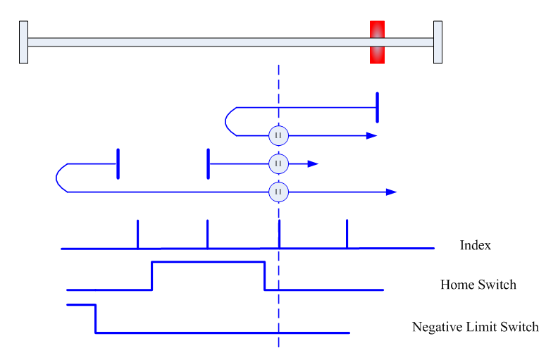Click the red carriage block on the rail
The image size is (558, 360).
(377, 42)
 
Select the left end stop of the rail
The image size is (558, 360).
(23, 42)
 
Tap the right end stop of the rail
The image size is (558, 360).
(438, 42)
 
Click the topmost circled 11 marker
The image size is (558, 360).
(278, 135)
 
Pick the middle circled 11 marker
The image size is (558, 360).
(278, 164)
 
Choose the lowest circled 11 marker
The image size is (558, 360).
(278, 192)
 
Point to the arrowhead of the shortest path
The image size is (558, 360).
(313, 164)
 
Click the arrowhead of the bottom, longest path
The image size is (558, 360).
(392, 192)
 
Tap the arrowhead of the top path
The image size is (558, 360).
(372, 135)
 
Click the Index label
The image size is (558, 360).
(475, 245)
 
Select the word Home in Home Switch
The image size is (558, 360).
(457, 285)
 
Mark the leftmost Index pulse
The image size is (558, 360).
(137, 234)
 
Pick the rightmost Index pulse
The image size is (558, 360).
(347, 234)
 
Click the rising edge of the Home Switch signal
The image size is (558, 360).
(152, 276)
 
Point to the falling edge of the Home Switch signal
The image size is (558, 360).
(264, 276)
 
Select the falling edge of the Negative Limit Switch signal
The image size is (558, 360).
(95, 318)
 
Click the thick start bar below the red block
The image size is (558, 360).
(377, 107)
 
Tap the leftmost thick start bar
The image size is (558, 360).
(118, 164)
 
